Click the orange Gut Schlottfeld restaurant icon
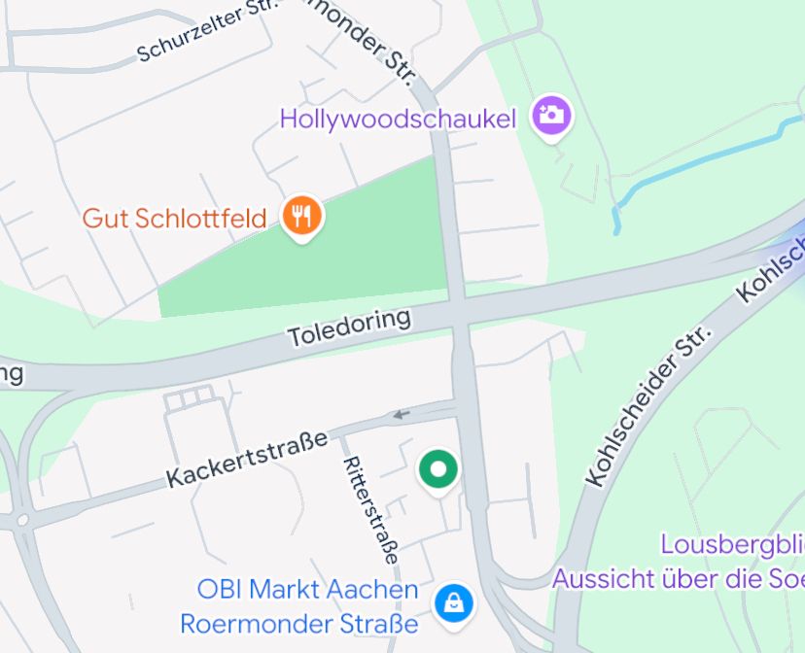point(302,216)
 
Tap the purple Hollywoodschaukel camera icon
point(551,115)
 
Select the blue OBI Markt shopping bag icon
point(453,602)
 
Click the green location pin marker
point(438,470)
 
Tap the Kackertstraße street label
point(247,459)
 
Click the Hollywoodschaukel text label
point(398,120)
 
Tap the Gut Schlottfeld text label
point(174,218)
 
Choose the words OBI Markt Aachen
point(307,589)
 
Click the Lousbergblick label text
point(731,544)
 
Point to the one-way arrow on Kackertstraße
point(401,416)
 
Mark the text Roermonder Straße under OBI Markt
point(299,623)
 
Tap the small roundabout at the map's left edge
point(22,521)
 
